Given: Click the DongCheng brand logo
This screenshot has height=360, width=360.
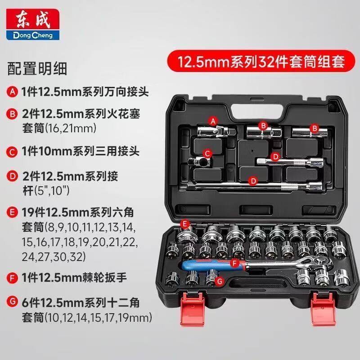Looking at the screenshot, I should click(30, 23).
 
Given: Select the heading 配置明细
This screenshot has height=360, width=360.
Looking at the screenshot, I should click(37, 69).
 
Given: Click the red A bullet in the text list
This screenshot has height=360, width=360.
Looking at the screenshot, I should click(13, 93).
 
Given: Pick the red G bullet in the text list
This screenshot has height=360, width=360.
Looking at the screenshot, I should click(13, 299).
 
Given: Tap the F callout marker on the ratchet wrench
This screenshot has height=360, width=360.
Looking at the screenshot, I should click(234, 263).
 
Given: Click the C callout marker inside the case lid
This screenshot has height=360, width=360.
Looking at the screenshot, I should click(207, 153).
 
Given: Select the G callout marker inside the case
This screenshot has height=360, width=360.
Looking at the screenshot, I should click(220, 282).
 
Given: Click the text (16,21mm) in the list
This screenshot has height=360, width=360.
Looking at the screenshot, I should click(59, 129).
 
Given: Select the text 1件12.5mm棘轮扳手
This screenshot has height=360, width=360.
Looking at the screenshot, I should click(74, 278).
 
